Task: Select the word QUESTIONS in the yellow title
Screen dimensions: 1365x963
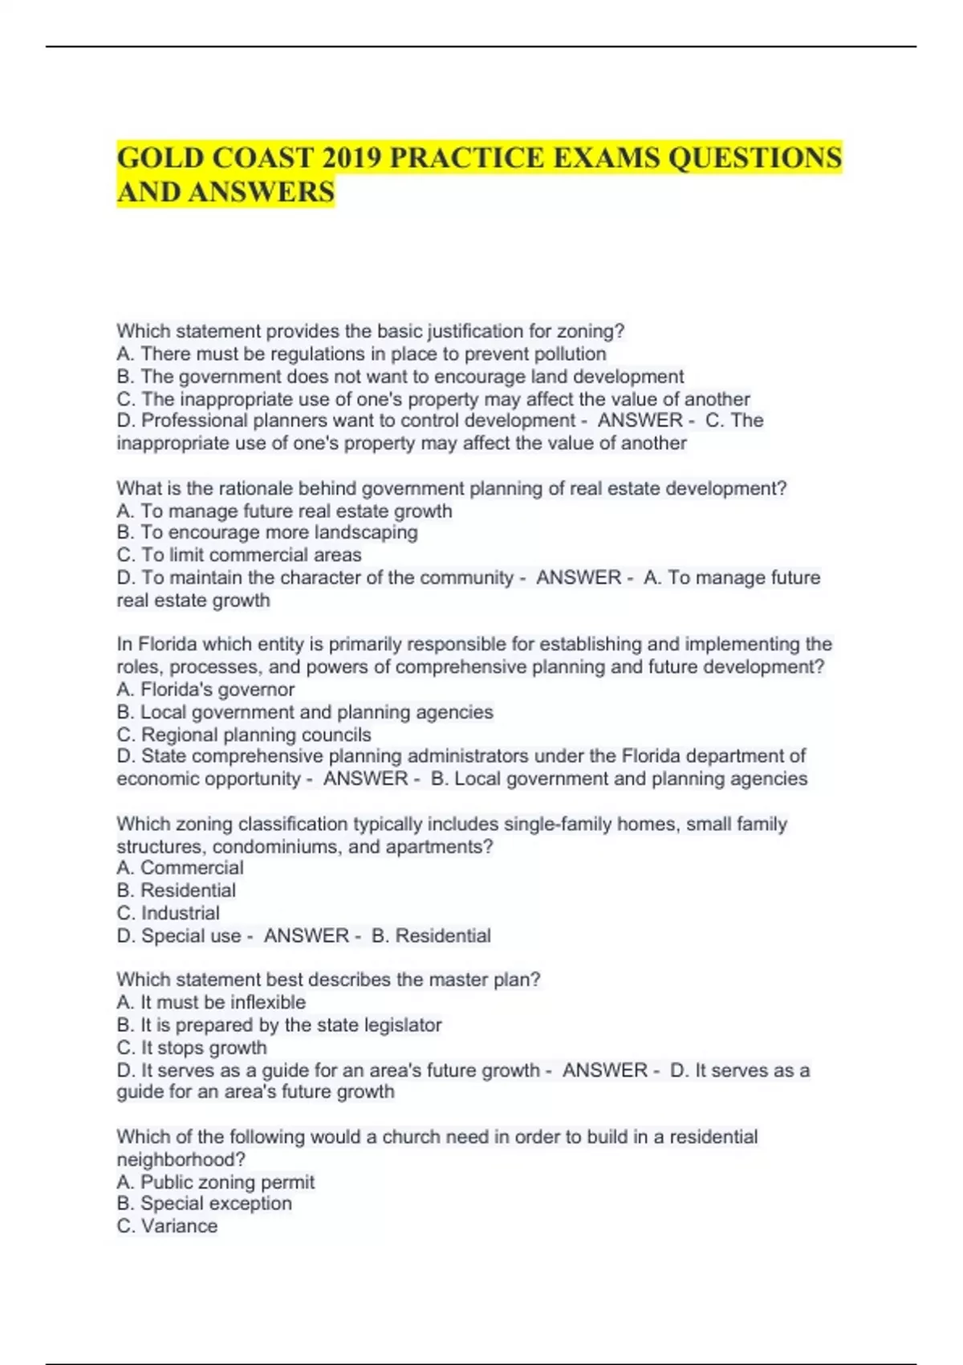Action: tap(754, 158)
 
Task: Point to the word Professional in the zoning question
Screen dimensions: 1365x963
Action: tap(194, 421)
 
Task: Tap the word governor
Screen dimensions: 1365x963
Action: tap(256, 690)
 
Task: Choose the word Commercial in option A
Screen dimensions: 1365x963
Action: tap(192, 868)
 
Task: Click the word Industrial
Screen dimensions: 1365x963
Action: tap(180, 913)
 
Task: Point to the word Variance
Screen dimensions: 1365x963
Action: tap(179, 1226)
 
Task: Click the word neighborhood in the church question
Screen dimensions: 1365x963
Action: tap(181, 1159)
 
